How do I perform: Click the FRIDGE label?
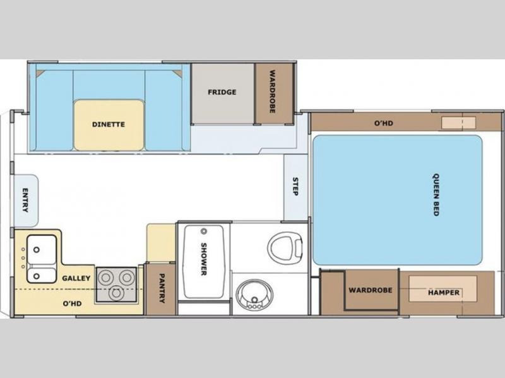[x=222, y=92]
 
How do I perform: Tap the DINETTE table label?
[x=108, y=124]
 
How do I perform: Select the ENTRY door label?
[x=25, y=200]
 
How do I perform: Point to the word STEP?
[x=295, y=186]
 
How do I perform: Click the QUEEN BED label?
[x=436, y=195]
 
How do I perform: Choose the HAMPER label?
[x=444, y=292]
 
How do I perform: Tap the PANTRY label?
[x=162, y=288]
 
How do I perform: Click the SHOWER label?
[x=203, y=259]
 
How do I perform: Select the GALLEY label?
[x=76, y=278]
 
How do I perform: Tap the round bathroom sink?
[x=254, y=295]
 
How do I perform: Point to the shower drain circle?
[x=203, y=231]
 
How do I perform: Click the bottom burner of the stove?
[x=116, y=293]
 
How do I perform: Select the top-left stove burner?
[x=106, y=278]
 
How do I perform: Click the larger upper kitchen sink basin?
[x=42, y=249]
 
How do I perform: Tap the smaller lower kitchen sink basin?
[x=42, y=276]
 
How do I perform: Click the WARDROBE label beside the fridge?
[x=272, y=92]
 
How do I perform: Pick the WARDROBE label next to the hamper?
[x=371, y=290]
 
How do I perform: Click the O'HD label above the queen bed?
[x=384, y=123]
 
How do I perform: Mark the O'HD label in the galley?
[x=72, y=304]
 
